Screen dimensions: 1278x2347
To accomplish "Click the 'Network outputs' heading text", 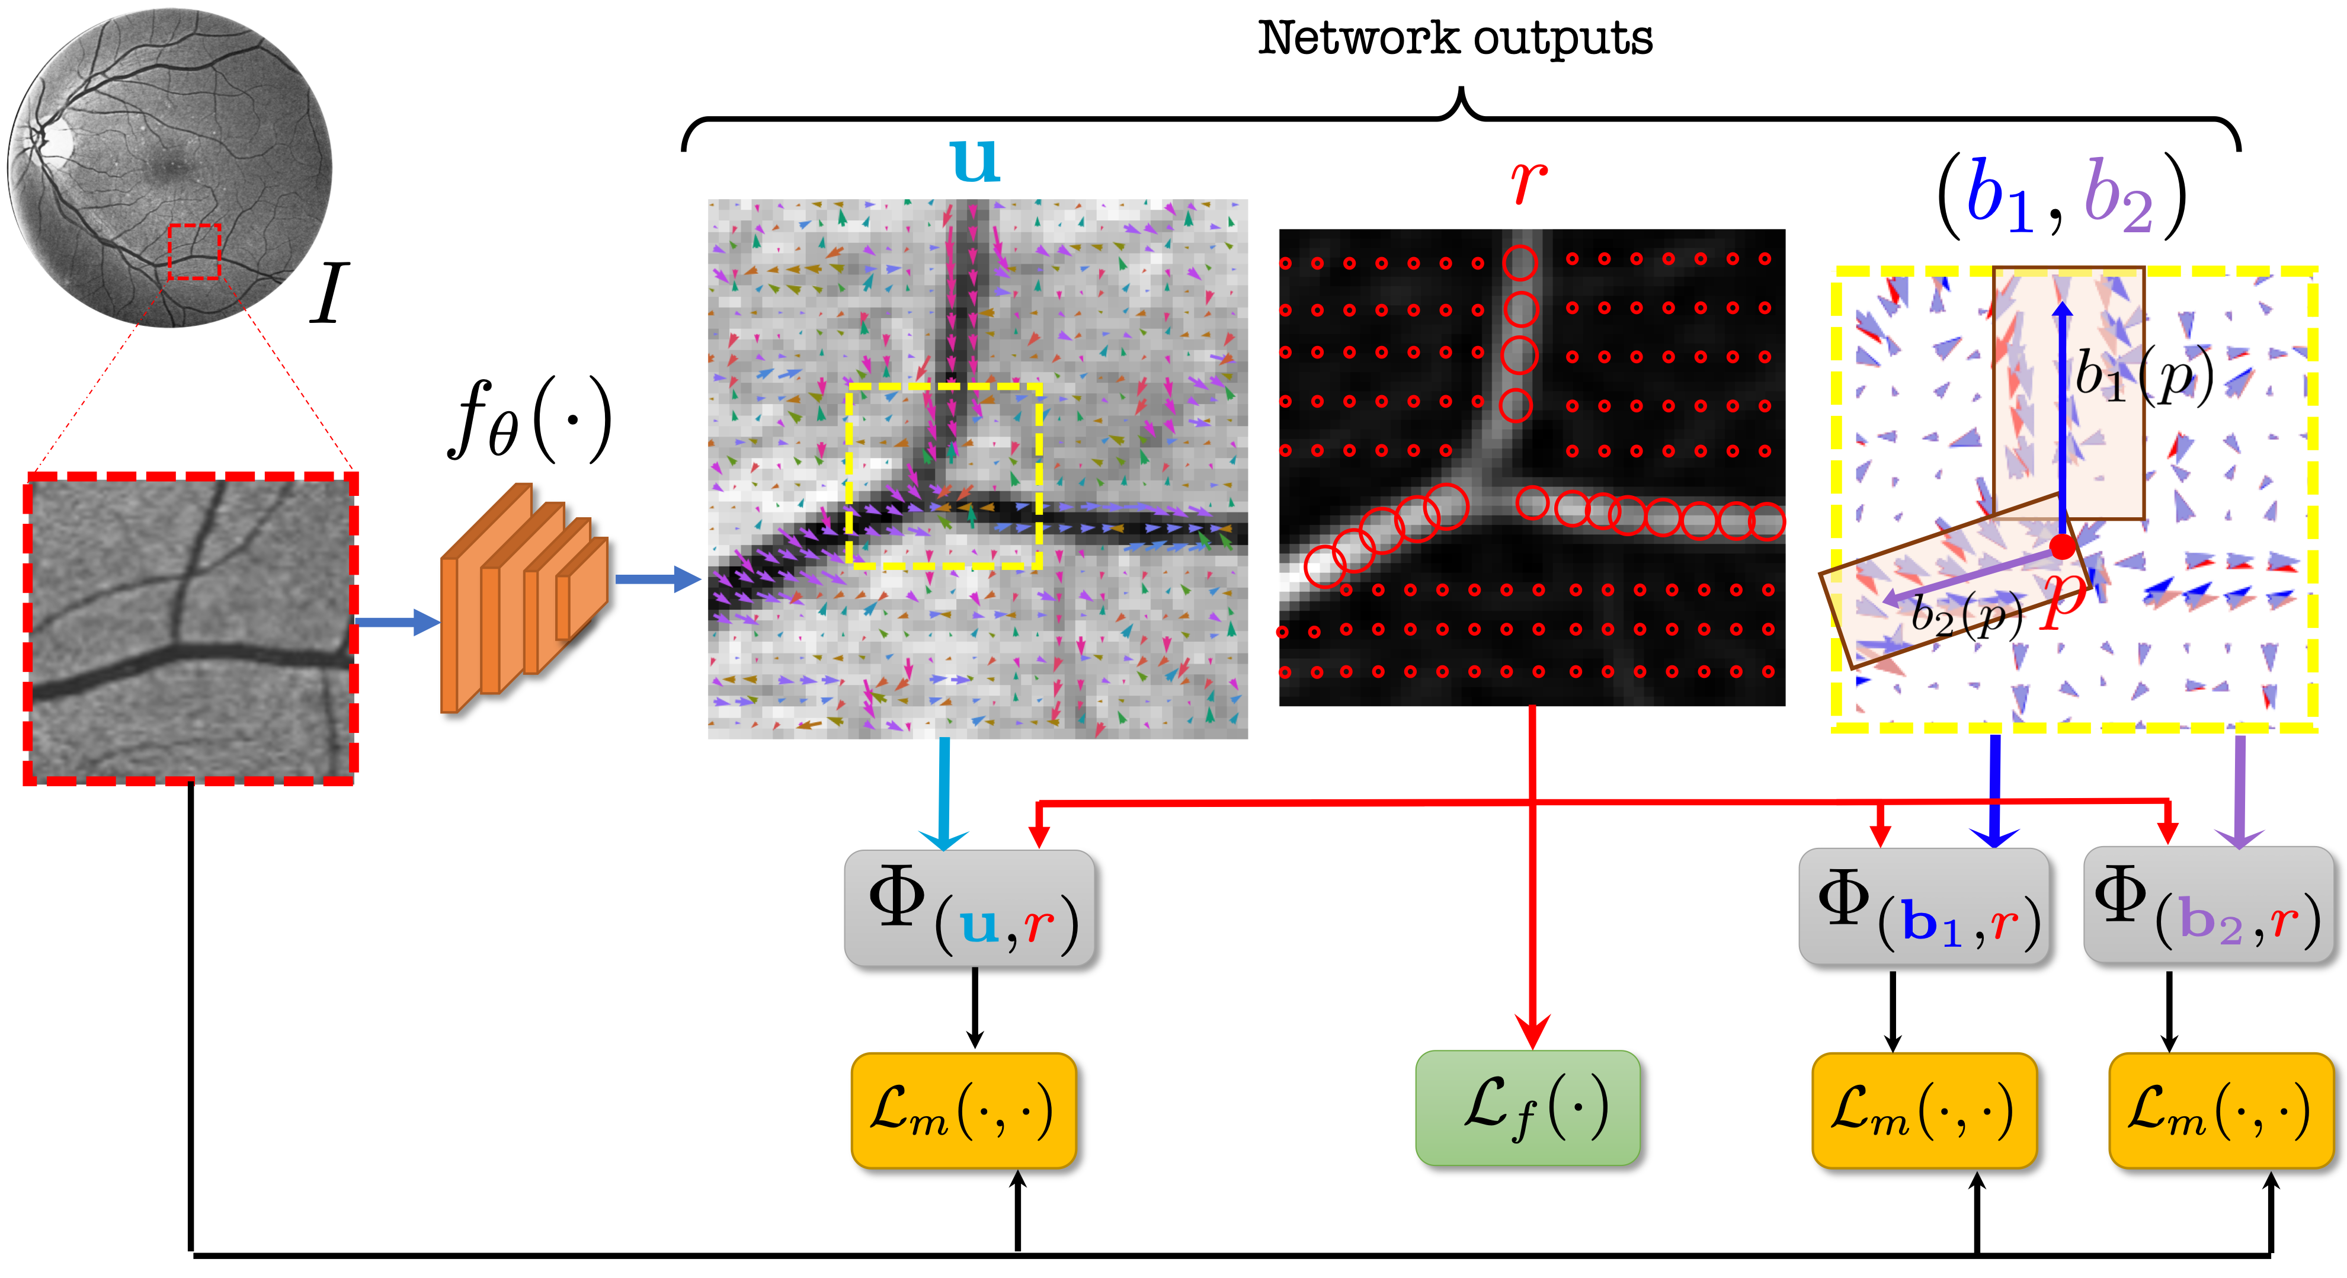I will point(1455,39).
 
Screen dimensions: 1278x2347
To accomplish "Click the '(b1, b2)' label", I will point(2060,196).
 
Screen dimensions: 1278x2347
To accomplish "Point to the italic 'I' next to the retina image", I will point(328,293).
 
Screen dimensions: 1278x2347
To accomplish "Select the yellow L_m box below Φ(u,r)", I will point(963,1110).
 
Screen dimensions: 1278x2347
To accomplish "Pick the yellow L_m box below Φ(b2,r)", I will point(2220,1110).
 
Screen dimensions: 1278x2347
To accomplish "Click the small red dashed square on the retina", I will point(194,251).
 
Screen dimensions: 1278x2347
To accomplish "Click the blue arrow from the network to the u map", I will point(656,578).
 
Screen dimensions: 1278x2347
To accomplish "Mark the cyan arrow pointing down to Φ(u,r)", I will point(944,793).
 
